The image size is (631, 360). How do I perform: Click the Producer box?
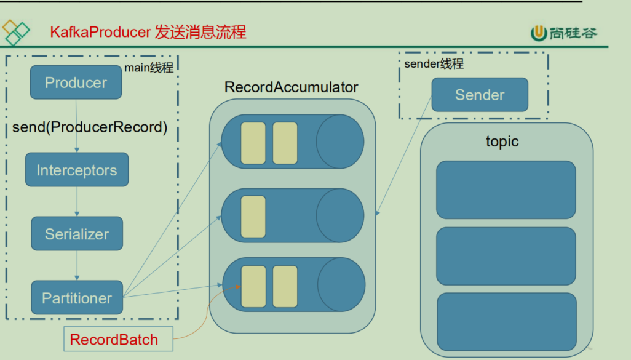click(x=76, y=82)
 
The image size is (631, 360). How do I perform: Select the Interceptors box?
click(x=77, y=170)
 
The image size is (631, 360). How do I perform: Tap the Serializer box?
click(x=77, y=234)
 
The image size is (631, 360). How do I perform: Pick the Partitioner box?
click(x=77, y=298)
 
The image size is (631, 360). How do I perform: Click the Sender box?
click(x=480, y=95)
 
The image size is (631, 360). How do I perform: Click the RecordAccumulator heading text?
click(x=291, y=87)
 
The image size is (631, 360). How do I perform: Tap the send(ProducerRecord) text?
click(x=90, y=127)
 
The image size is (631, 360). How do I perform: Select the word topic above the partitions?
click(x=502, y=142)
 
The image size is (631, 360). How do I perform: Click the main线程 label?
click(x=149, y=68)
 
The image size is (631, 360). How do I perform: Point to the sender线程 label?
click(x=434, y=64)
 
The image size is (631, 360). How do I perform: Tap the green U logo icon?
click(x=539, y=33)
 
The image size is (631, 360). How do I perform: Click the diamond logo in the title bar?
click(x=15, y=32)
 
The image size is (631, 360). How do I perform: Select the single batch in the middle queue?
click(x=253, y=217)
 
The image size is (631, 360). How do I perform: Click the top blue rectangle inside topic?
click(x=506, y=190)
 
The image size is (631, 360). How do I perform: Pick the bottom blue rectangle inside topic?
click(x=506, y=321)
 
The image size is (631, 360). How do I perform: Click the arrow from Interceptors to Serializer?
click(x=77, y=201)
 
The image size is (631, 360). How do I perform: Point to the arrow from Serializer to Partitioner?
click(x=77, y=265)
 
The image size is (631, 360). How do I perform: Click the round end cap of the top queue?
click(x=340, y=142)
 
